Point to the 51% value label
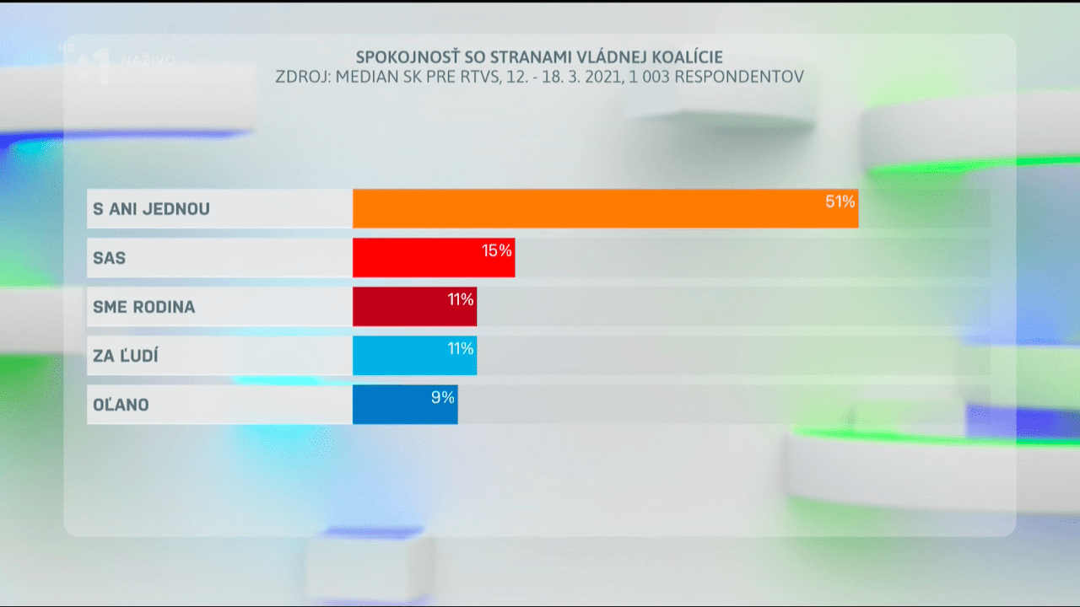[x=840, y=201]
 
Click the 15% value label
[x=497, y=250]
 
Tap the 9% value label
[x=443, y=397]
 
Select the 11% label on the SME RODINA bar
[x=460, y=299]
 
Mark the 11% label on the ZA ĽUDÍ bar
[x=460, y=348]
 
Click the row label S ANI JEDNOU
[x=151, y=208]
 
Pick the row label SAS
[x=110, y=258]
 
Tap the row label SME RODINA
[x=143, y=307]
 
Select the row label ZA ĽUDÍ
[x=126, y=356]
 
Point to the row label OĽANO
[x=121, y=405]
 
